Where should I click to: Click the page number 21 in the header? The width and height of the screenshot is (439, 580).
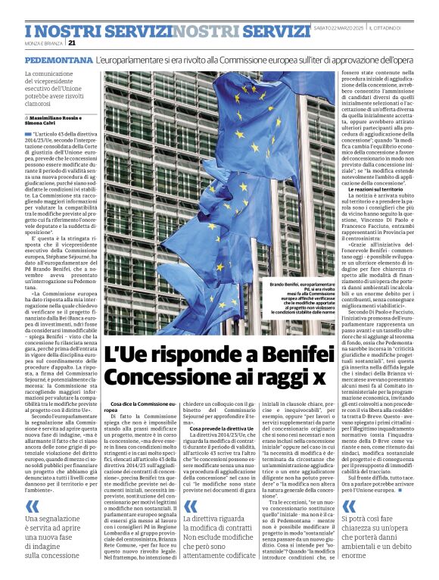coord(73,43)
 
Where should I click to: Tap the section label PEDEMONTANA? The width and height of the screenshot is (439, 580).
coord(58,59)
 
